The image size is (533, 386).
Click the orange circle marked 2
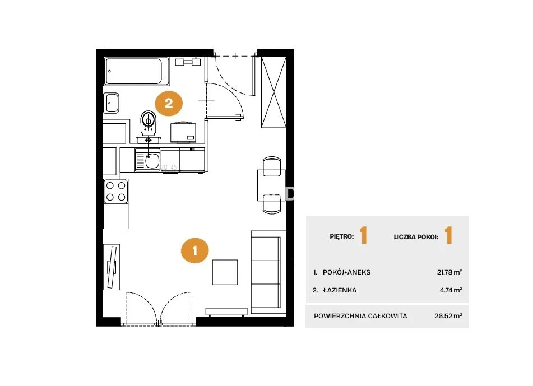[169, 103]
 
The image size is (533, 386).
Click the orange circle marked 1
[195, 251]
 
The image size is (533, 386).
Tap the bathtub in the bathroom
[137, 71]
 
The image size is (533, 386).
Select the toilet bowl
[149, 122]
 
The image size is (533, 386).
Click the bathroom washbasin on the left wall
[112, 103]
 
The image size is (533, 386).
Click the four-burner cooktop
[116, 191]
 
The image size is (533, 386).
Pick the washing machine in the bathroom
[183, 132]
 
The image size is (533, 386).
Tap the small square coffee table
[225, 272]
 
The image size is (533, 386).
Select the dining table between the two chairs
[271, 185]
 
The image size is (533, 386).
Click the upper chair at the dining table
[272, 166]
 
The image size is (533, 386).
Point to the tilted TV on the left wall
[112, 267]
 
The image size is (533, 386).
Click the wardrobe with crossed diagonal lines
[274, 92]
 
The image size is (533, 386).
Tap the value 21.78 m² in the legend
[449, 272]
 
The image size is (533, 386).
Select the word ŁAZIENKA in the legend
[340, 290]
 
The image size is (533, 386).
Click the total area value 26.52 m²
[448, 315]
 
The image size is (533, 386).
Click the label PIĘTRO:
[342, 236]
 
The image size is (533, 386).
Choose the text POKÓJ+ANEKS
[347, 272]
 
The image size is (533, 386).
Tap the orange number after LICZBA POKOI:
[449, 235]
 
